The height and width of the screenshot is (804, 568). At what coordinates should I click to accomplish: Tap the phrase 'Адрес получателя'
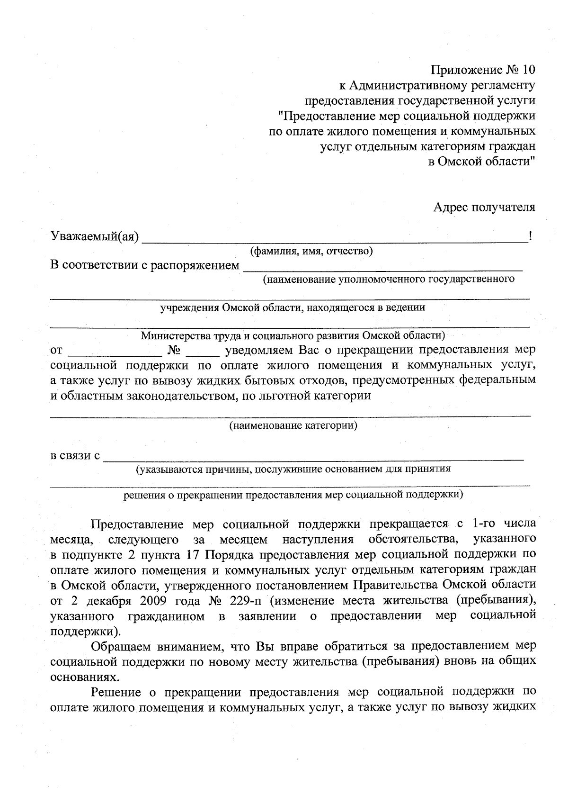pyautogui.click(x=484, y=207)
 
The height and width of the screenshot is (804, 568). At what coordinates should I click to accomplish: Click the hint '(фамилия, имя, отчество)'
pyautogui.click(x=311, y=251)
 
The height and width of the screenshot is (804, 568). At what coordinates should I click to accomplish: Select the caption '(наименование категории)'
pyautogui.click(x=293, y=425)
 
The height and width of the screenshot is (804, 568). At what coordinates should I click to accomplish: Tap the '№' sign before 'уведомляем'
pyautogui.click(x=173, y=351)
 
